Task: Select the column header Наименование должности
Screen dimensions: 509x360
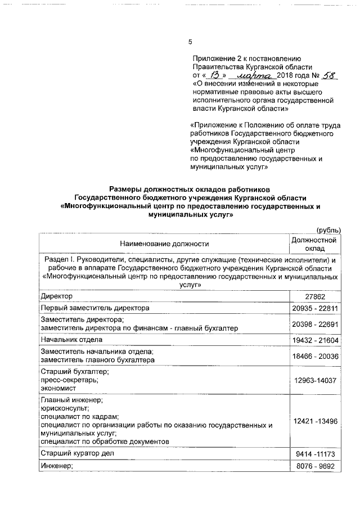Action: click(x=164, y=244)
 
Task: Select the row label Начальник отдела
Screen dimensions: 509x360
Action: click(x=71, y=340)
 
